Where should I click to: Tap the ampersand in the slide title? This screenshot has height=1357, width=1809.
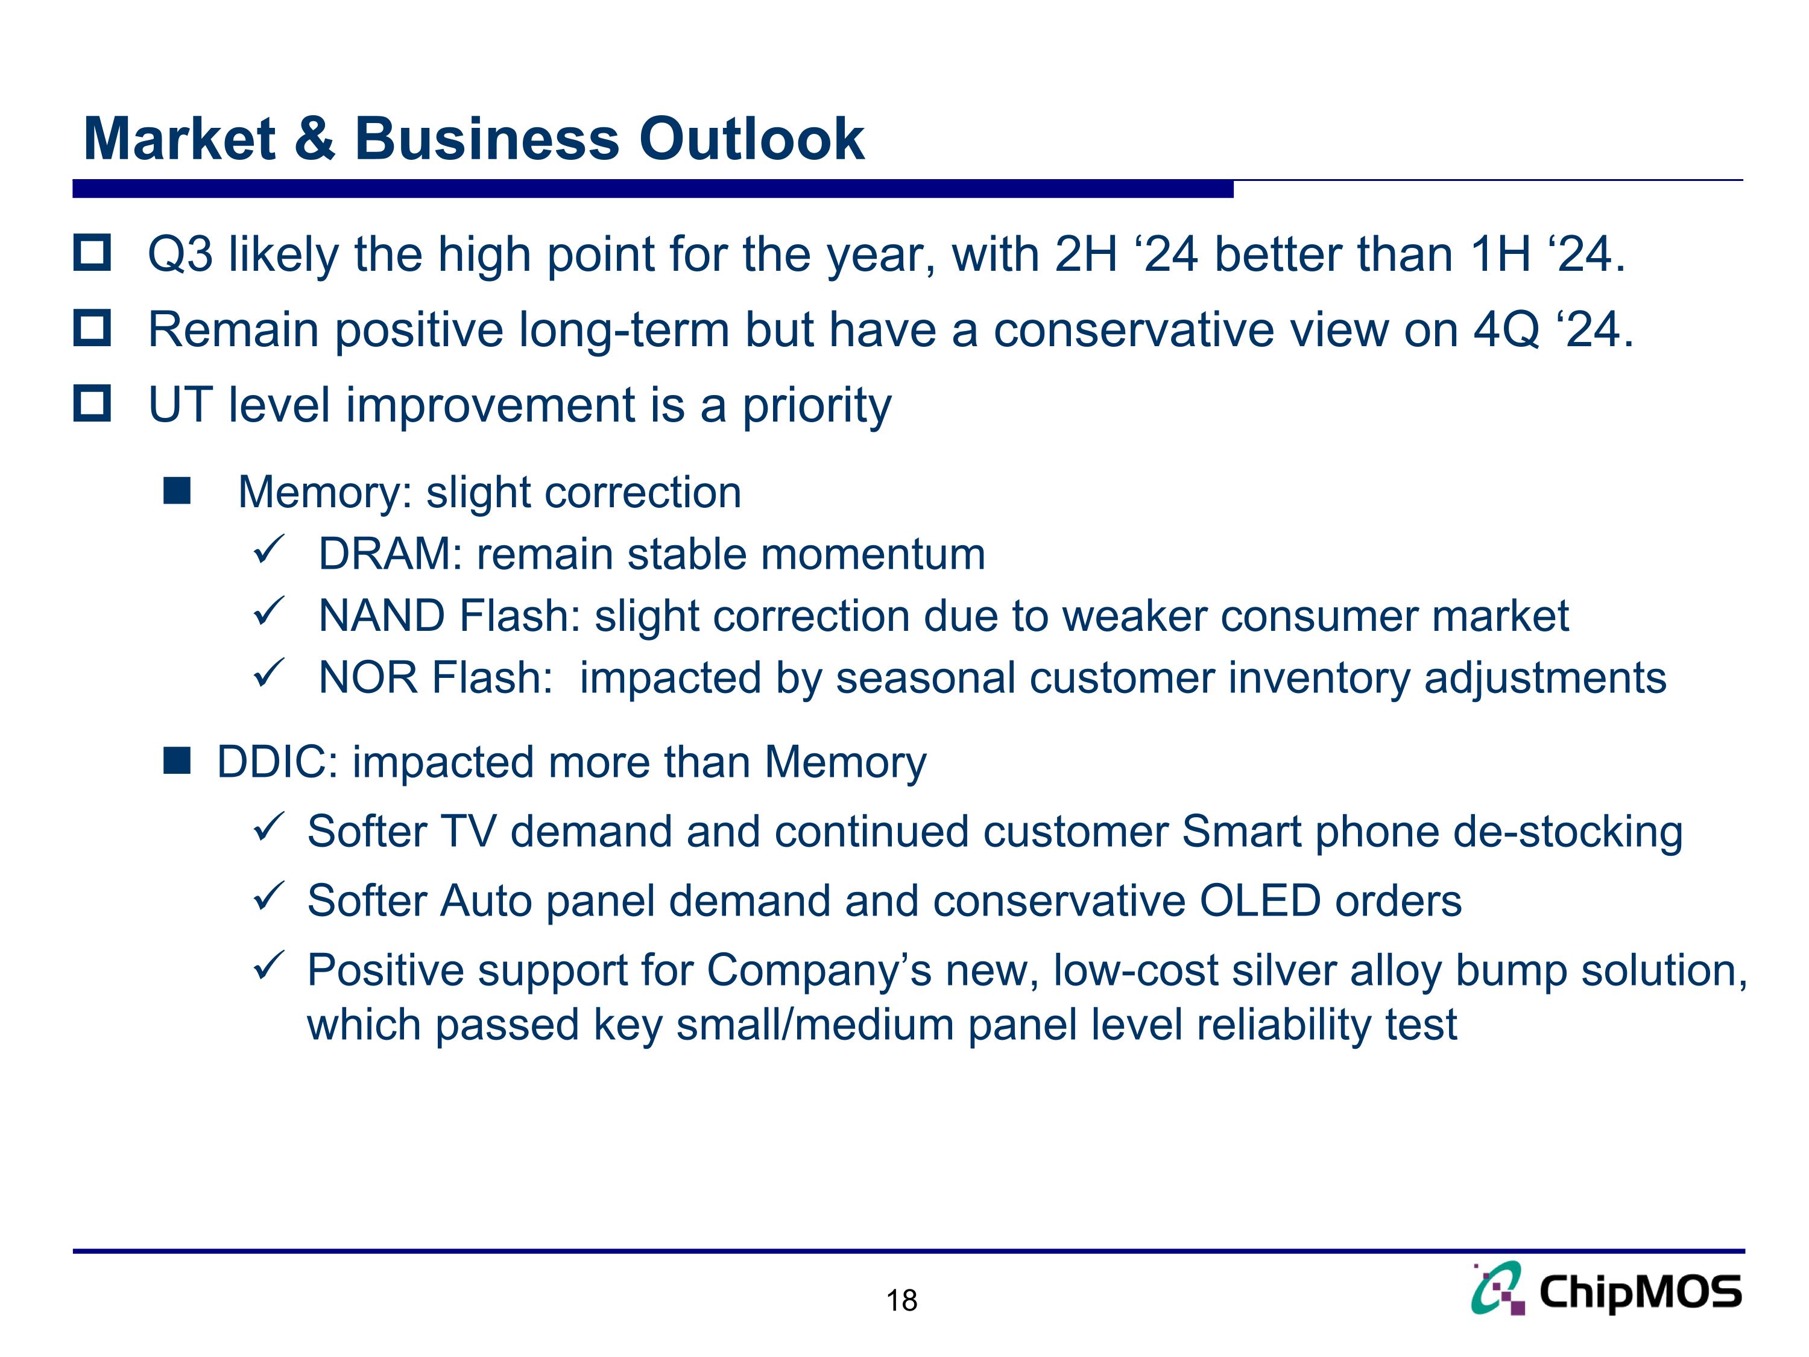pos(315,139)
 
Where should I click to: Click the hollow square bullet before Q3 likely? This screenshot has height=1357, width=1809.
pos(92,253)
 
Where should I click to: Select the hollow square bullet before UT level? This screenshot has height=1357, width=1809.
pos(92,403)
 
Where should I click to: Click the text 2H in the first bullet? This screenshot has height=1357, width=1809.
pos(1086,255)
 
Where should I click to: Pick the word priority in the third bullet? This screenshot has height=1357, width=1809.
pos(816,406)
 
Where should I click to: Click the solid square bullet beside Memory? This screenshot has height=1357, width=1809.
pos(177,492)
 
